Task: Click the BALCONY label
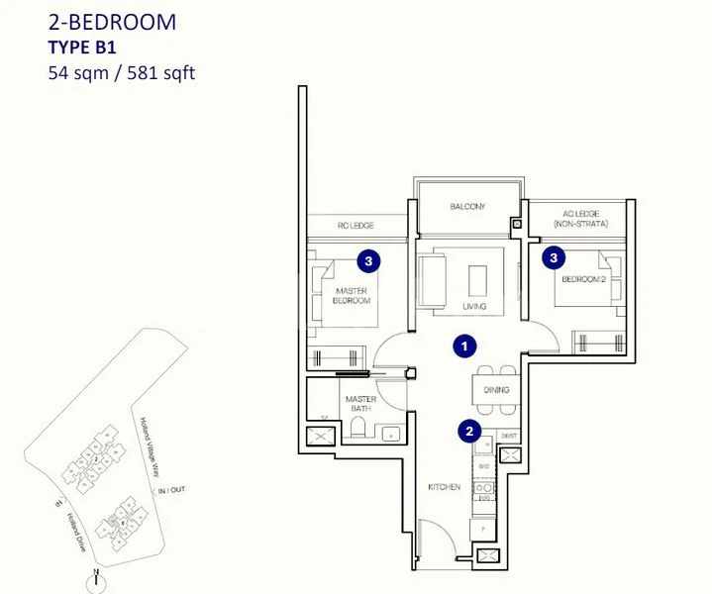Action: [467, 207]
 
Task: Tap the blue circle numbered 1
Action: [462, 346]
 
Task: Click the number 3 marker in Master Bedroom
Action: [368, 260]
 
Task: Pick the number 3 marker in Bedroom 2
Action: [554, 257]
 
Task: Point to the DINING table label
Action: [496, 390]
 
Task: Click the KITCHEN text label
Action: [444, 487]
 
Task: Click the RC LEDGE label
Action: [355, 226]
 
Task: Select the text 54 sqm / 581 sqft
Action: [121, 72]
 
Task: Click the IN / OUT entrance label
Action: [170, 490]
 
